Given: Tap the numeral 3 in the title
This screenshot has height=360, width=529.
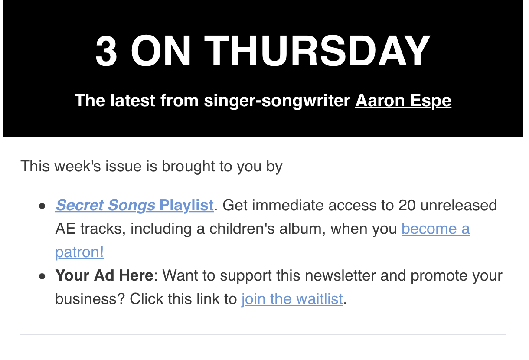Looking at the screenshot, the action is (x=106, y=51).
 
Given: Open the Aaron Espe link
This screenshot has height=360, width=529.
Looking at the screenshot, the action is (x=403, y=101).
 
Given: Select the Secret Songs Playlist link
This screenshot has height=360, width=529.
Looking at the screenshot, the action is (x=134, y=205).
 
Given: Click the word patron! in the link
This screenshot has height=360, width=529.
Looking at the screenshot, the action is (x=79, y=252).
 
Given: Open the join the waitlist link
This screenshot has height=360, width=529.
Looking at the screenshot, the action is (x=292, y=299).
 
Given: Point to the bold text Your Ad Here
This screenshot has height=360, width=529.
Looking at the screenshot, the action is (x=104, y=275).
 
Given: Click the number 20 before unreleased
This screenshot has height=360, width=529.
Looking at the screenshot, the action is (x=407, y=205).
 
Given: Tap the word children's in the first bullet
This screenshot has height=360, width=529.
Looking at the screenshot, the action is (x=242, y=229).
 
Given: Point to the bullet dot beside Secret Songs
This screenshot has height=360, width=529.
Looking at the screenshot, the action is (x=42, y=206).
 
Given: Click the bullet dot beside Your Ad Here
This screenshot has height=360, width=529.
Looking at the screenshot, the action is (x=42, y=276).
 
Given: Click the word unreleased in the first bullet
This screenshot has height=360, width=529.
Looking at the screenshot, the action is (x=459, y=205).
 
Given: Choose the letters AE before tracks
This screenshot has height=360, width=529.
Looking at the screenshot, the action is (x=65, y=229).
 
